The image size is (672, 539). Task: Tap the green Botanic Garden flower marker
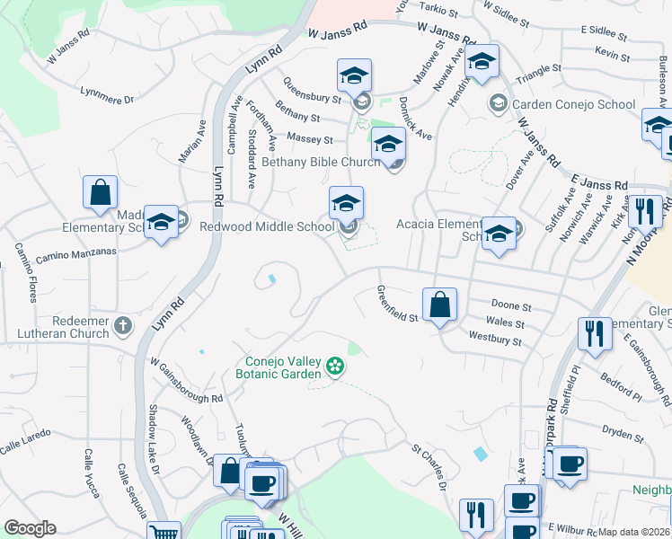click(335, 366)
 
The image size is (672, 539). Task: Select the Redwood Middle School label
click(267, 227)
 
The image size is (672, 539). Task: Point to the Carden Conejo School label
click(572, 104)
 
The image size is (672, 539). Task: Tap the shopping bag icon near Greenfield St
click(439, 305)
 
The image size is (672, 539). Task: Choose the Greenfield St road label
click(397, 304)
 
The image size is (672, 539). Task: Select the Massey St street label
click(309, 139)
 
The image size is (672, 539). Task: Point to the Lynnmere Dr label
click(106, 93)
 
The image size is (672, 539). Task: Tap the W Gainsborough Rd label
click(186, 381)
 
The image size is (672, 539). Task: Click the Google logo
click(30, 528)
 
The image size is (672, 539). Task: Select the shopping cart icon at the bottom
click(163, 532)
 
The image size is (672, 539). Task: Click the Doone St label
click(512, 307)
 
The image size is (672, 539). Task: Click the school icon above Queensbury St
click(355, 75)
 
